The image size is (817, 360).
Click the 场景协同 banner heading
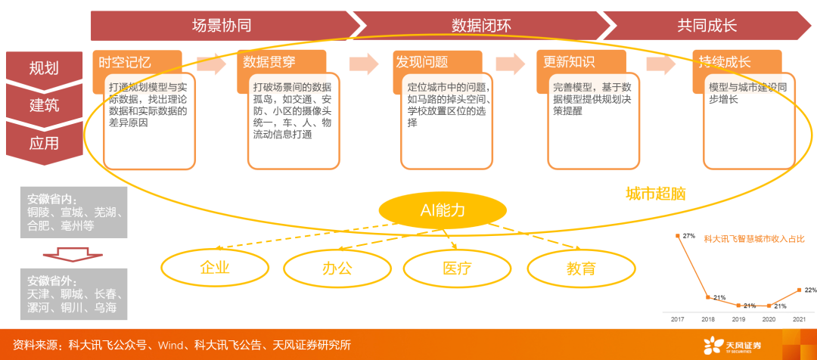(x=222, y=26)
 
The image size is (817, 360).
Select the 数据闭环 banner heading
(x=481, y=26)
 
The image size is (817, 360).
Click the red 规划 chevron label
(x=44, y=68)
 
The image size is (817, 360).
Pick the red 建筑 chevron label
(x=44, y=104)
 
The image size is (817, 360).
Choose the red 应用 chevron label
(x=44, y=143)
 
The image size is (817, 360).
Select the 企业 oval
(x=215, y=267)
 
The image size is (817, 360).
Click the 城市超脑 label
(x=656, y=194)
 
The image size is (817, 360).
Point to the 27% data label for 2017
(x=688, y=236)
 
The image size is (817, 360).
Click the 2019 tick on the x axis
(x=739, y=319)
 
